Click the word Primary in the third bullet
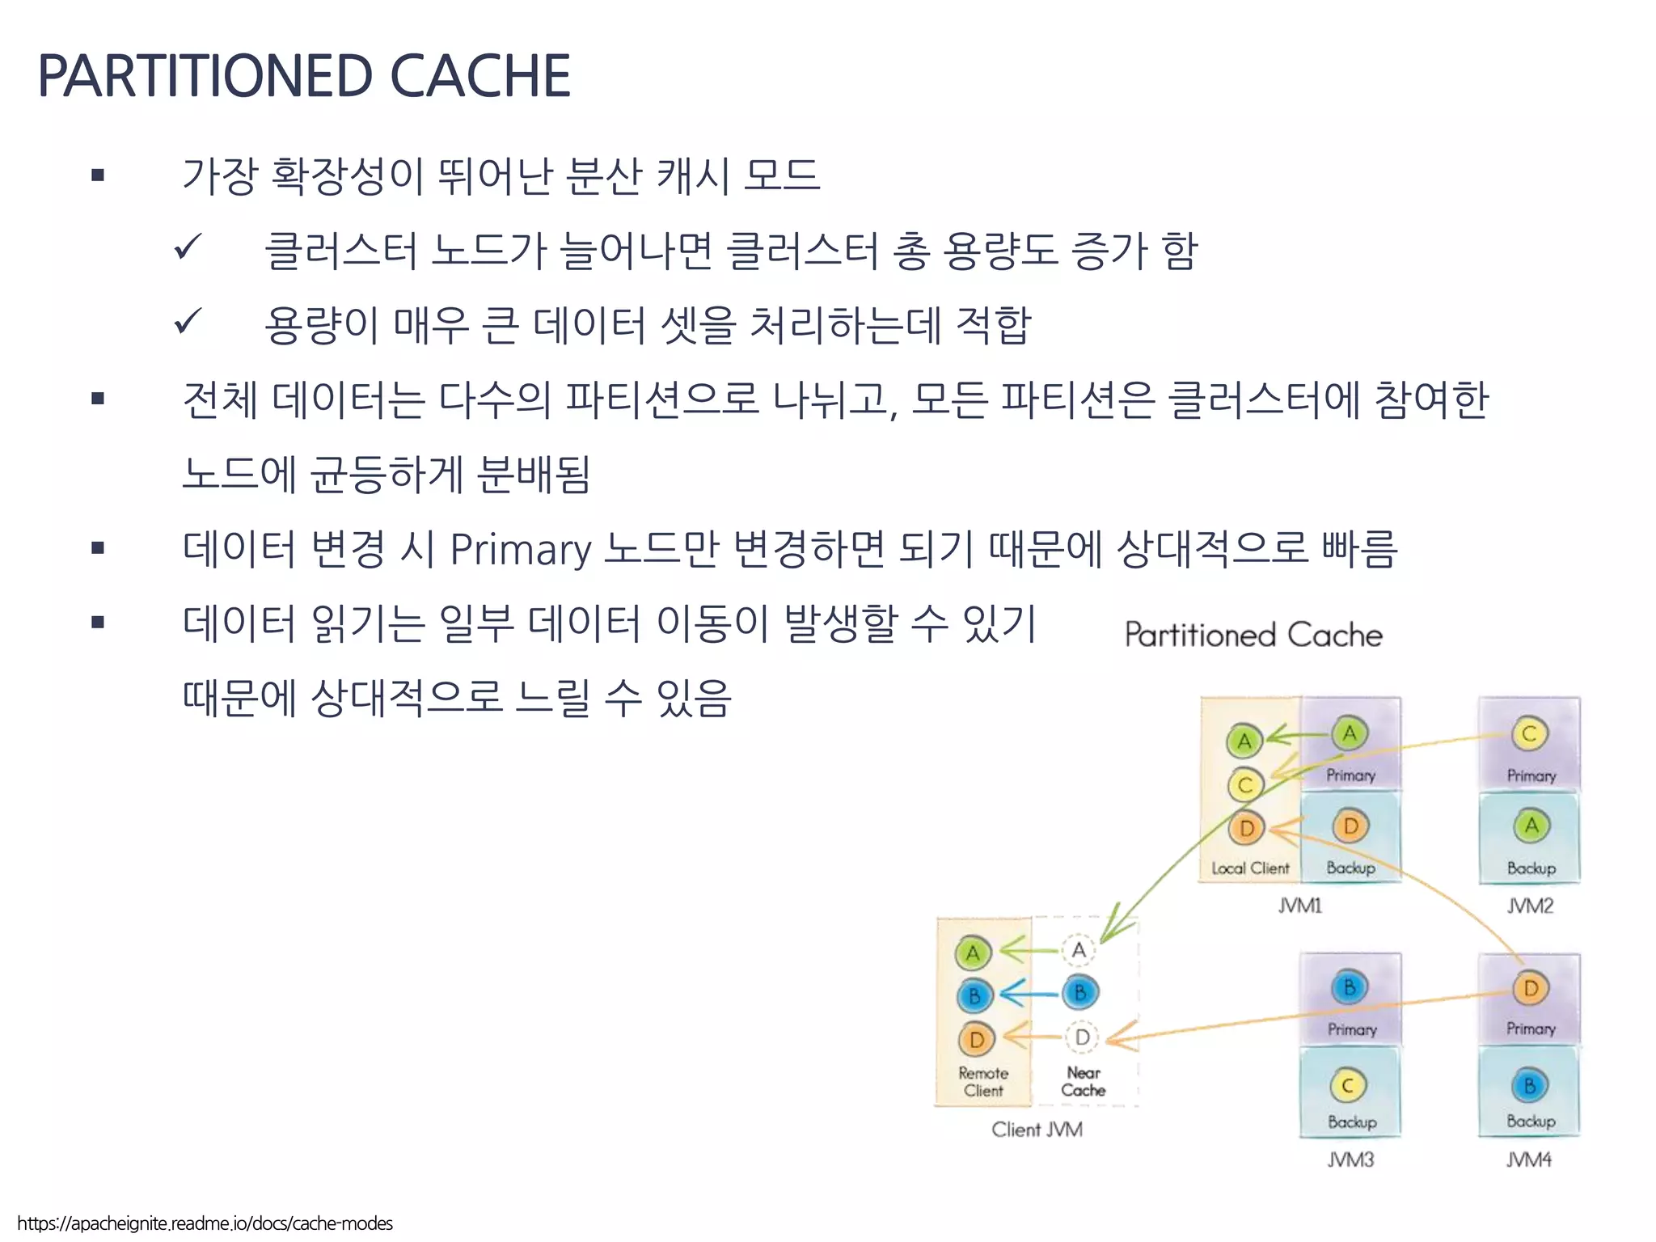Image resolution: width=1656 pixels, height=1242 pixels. coord(521,549)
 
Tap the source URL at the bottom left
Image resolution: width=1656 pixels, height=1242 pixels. coord(205,1223)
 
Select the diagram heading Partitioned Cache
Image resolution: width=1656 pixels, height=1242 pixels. coord(1253,635)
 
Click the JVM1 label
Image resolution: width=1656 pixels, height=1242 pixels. coord(1300,906)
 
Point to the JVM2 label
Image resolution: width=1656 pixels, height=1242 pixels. coord(1530,906)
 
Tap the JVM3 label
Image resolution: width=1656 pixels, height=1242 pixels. coord(1350,1160)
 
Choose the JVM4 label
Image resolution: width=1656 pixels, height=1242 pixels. coord(1529,1160)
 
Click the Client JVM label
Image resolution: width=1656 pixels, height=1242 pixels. coord(1037,1130)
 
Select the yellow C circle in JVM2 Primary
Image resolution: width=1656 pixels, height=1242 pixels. coord(1529,734)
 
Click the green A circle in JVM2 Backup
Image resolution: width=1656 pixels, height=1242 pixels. coord(1531,826)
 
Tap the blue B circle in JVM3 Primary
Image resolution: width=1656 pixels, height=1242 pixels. coord(1350,987)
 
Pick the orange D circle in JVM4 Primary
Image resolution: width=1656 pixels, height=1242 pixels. coord(1530,988)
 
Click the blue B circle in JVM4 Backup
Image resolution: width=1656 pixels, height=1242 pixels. coord(1529,1086)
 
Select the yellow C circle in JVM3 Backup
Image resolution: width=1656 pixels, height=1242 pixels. coord(1348,1086)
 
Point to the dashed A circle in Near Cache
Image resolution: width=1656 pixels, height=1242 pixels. coord(1079,951)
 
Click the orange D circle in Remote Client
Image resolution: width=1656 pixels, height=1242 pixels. coord(977,1040)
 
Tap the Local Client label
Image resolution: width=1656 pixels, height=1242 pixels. coord(1250,868)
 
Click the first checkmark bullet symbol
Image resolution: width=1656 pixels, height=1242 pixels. coord(188,247)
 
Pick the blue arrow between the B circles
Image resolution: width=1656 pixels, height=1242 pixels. coord(1029,993)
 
